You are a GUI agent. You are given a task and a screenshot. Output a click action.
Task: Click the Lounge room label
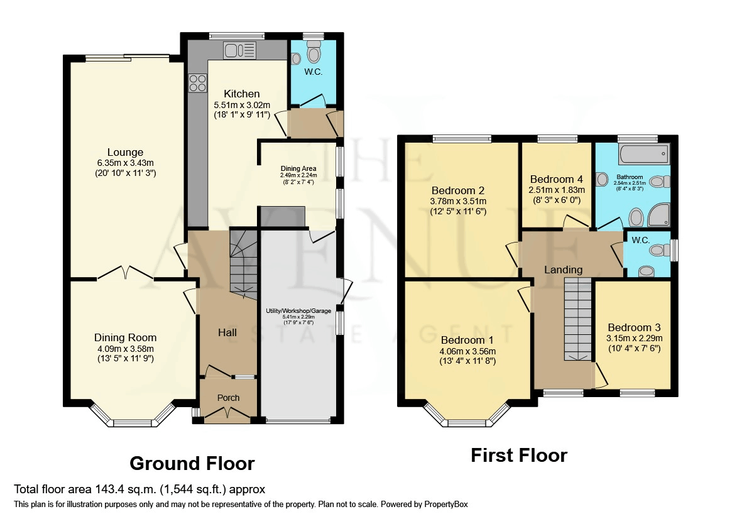(125, 152)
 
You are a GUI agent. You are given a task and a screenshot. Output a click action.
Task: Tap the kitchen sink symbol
(239, 50)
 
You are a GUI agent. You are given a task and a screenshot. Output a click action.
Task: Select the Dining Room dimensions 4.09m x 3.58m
(125, 349)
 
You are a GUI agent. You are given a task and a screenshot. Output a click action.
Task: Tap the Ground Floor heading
(192, 464)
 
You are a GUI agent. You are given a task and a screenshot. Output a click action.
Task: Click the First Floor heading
(519, 455)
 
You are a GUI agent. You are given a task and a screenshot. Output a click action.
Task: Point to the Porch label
(228, 398)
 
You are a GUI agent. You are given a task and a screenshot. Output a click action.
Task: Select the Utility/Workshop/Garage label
(298, 311)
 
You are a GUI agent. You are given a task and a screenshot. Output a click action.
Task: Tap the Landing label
(564, 270)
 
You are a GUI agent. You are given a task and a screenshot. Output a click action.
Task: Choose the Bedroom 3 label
(634, 327)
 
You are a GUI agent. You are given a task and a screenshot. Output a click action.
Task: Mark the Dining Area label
(298, 168)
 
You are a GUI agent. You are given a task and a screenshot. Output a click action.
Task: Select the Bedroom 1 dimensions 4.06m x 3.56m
(468, 351)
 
